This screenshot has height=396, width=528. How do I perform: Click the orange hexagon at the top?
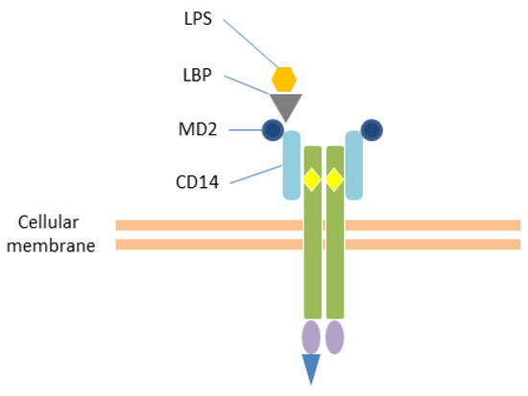(x=284, y=78)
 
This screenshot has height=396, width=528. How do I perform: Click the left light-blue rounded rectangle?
(x=292, y=166)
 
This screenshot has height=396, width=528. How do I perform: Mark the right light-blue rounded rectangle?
(x=354, y=166)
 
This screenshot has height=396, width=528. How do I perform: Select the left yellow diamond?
(x=312, y=178)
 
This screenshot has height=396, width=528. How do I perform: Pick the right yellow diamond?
(x=334, y=178)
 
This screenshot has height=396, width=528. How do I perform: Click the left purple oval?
(x=312, y=337)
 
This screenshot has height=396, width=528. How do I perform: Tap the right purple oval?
(x=334, y=337)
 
